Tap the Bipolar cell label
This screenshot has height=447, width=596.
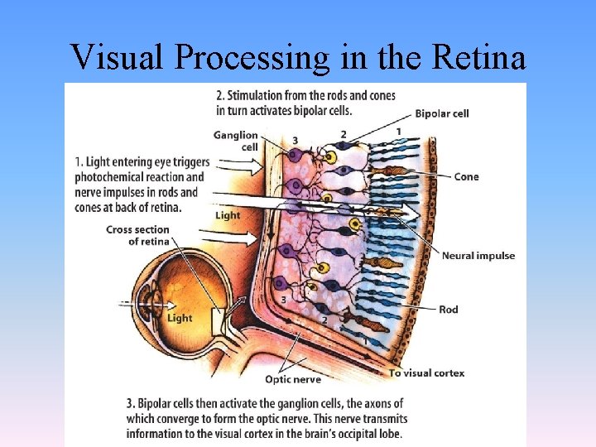click(x=442, y=113)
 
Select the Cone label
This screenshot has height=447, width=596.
click(x=466, y=176)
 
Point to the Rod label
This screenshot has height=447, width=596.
click(x=448, y=310)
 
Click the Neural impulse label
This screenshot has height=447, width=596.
click(x=478, y=255)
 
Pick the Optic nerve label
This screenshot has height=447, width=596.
click(x=292, y=379)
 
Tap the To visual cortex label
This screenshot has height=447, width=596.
click(x=426, y=373)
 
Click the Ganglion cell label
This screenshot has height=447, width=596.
click(x=235, y=141)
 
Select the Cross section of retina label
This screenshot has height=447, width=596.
click(x=137, y=235)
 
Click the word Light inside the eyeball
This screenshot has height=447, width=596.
click(x=180, y=318)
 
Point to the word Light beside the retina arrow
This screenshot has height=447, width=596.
click(x=227, y=215)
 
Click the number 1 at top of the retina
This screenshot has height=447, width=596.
click(x=398, y=131)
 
